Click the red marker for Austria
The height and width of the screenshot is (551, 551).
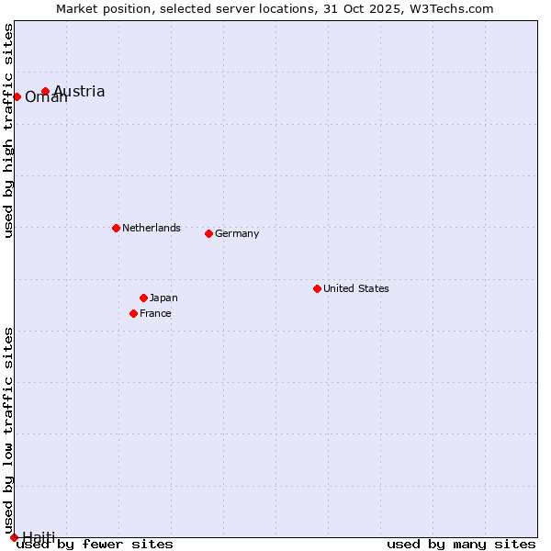tap(45, 91)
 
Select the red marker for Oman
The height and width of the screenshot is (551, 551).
tap(17, 96)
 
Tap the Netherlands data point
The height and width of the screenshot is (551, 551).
tap(116, 228)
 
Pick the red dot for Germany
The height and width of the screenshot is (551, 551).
tap(208, 233)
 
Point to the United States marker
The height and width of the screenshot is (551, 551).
tap(317, 288)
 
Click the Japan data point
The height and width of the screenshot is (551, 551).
tap(143, 298)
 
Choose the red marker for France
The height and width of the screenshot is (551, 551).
tap(133, 313)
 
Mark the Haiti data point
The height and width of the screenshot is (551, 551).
tap(14, 537)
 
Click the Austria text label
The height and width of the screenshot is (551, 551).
tap(79, 91)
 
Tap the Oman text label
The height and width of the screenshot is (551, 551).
tap(46, 97)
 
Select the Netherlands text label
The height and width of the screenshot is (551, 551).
tap(151, 228)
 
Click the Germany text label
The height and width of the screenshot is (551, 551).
tap(237, 233)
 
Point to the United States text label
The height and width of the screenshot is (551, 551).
tap(355, 288)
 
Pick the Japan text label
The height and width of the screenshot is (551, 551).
tap(163, 298)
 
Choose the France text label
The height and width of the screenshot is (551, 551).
tap(155, 313)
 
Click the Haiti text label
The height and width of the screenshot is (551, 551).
tap(39, 536)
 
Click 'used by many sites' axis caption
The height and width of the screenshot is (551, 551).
tap(461, 544)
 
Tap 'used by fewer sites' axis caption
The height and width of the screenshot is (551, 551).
tap(95, 544)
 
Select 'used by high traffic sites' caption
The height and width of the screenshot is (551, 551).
tap(8, 130)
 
